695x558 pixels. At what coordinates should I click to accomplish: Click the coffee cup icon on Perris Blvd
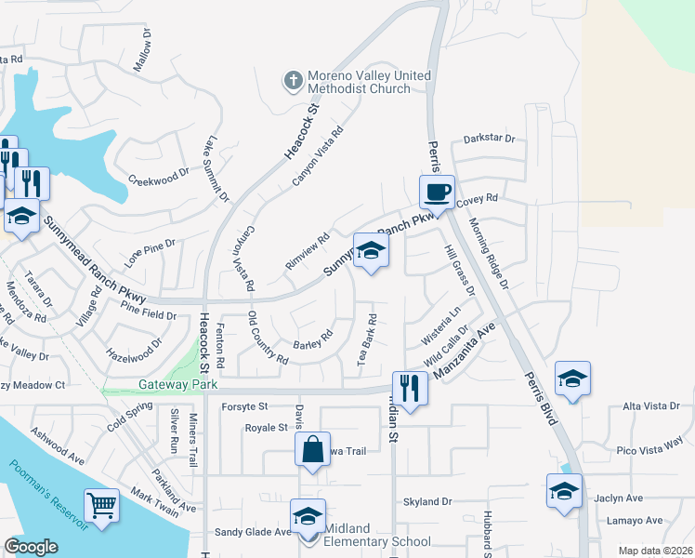437,193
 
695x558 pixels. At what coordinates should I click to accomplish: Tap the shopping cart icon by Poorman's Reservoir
102,506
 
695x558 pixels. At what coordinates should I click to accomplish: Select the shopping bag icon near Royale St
313,449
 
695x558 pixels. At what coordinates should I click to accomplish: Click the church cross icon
293,81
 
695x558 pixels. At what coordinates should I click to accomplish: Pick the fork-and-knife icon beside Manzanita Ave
409,388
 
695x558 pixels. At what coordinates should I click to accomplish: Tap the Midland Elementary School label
378,541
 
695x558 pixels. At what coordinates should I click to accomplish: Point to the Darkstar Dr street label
489,139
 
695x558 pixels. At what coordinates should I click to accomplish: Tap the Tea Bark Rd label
369,338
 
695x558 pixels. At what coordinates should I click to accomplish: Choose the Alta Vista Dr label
657,406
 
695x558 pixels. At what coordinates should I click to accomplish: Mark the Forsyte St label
244,406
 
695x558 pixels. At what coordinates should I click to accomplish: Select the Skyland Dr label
426,501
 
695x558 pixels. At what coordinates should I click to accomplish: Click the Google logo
31,547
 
